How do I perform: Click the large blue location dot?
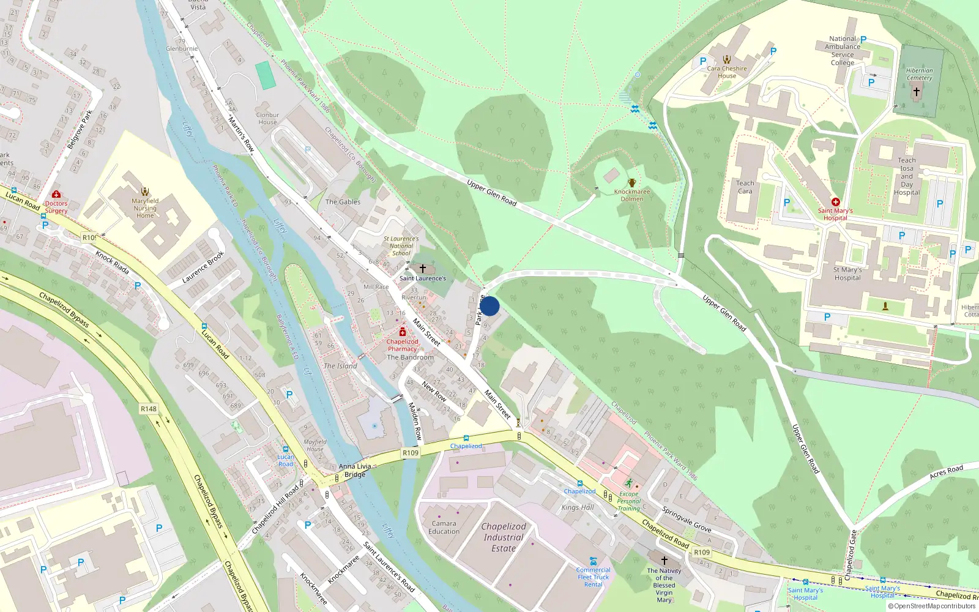(489, 306)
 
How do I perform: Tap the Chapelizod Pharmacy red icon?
(403, 332)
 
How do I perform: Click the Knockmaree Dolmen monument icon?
(632, 183)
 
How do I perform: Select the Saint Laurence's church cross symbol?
(422, 269)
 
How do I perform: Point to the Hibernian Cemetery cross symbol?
(916, 92)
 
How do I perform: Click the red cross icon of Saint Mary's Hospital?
(835, 202)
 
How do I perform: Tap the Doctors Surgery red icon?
(56, 195)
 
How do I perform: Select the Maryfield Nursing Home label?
(145, 208)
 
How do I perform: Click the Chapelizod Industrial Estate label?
(504, 537)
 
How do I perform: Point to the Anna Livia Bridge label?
(355, 470)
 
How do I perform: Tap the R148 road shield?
(149, 409)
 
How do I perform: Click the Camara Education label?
(444, 528)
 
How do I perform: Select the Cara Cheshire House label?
(727, 72)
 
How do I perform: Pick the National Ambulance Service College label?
(843, 51)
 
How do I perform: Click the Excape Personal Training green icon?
(628, 483)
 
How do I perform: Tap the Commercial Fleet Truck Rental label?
(593, 577)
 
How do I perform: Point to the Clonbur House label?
(267, 118)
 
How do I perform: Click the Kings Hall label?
(578, 507)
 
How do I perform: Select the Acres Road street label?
(946, 472)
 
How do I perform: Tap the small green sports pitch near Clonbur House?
(266, 75)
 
